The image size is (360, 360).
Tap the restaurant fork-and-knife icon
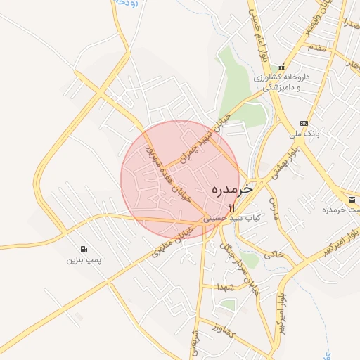pyautogui.click(x=231, y=207)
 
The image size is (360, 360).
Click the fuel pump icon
pyautogui.click(x=84, y=249)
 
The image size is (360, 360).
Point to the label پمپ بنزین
pyautogui.click(x=84, y=260)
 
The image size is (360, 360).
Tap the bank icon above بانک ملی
pyautogui.click(x=304, y=123)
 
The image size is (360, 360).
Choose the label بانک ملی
pyautogui.click(x=305, y=132)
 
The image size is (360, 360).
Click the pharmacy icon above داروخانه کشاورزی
pyautogui.click(x=282, y=67)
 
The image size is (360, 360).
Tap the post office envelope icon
pyautogui.click(x=352, y=200)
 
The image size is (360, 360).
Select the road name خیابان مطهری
pyautogui.click(x=172, y=241)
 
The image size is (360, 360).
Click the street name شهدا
pyautogui.click(x=226, y=287)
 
